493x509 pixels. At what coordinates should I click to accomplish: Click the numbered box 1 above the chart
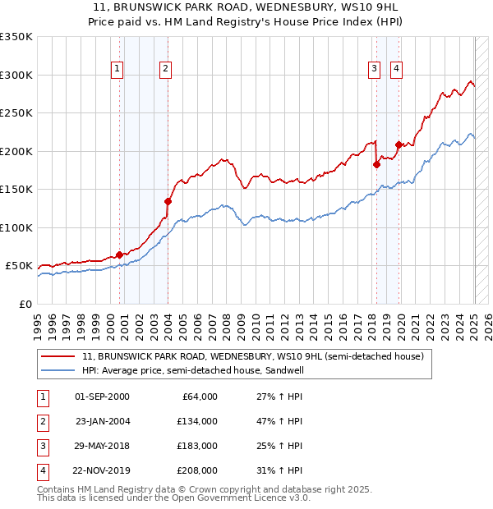[x=118, y=70]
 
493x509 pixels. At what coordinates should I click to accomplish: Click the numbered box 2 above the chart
[x=165, y=70]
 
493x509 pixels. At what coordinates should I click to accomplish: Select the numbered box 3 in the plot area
[x=374, y=70]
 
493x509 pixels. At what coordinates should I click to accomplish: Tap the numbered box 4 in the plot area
[x=396, y=70]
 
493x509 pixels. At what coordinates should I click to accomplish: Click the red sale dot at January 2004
[x=168, y=201]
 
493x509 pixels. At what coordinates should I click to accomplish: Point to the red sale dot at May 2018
[x=377, y=164]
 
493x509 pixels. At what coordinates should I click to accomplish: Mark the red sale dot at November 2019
[x=399, y=145]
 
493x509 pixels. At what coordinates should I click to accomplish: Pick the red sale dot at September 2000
[x=119, y=254]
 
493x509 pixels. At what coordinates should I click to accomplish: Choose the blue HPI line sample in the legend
[x=58, y=370]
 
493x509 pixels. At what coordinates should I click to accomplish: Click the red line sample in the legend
[x=58, y=357]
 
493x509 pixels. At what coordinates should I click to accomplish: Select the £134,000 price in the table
[x=197, y=422]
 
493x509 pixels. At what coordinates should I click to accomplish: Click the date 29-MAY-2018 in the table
[x=102, y=447]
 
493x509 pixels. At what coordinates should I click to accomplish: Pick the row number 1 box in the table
[x=42, y=397]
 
